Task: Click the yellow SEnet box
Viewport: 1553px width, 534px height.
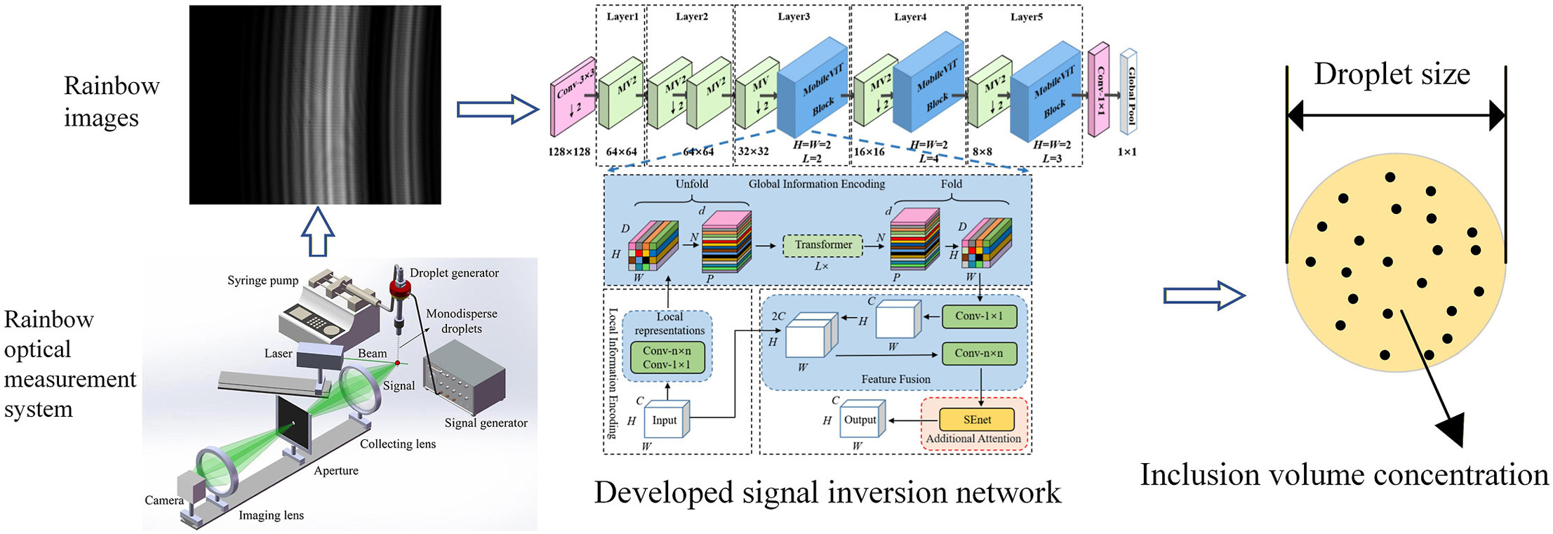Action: click(977, 420)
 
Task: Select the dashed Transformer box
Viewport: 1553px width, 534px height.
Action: click(822, 245)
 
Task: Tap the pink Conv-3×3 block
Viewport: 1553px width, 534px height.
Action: click(573, 98)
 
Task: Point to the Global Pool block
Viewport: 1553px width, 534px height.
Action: click(1128, 92)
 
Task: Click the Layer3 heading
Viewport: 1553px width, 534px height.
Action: click(793, 17)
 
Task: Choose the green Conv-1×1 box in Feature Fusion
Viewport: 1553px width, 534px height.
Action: click(978, 316)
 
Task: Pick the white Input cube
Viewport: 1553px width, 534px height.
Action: click(664, 420)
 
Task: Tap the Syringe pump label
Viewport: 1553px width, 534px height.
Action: click(262, 281)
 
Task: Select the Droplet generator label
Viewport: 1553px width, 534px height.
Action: click(454, 273)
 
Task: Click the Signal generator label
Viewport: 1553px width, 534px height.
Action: click(486, 422)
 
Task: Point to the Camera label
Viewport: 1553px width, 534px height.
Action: click(164, 500)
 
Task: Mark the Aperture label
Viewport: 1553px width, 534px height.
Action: click(336, 471)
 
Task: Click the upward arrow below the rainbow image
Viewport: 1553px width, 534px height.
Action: click(317, 231)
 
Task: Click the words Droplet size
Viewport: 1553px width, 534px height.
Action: click(1392, 74)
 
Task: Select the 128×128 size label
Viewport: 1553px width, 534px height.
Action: click(569, 152)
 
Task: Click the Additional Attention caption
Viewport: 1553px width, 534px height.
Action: click(973, 439)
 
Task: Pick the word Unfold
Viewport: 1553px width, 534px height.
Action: click(691, 184)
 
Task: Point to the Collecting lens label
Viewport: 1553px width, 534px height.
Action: click(398, 444)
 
